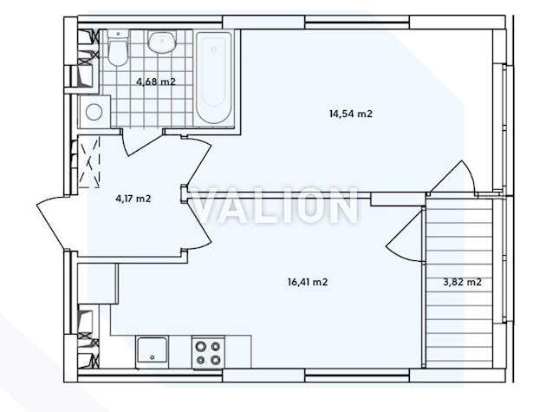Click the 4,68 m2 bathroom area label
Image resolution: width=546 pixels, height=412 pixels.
tap(156, 82)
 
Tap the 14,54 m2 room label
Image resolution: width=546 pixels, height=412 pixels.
tap(351, 114)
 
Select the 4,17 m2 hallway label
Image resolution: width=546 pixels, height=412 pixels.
tap(133, 199)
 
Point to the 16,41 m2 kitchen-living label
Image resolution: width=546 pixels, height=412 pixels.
tap(308, 282)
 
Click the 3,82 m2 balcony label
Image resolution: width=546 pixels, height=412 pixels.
tap(462, 282)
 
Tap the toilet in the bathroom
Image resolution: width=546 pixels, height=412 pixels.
tap(118, 48)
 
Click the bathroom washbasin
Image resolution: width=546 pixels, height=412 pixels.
tap(162, 42)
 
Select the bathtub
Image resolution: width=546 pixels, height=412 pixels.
tap(214, 78)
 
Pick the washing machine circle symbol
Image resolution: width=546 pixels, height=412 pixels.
tap(94, 112)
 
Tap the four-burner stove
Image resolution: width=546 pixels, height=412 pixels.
tap(208, 351)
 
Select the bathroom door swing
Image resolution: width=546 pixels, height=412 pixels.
tap(142, 144)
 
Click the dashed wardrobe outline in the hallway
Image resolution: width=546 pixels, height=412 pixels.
tap(89, 162)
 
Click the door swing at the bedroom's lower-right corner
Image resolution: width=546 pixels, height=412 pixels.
tap(452, 178)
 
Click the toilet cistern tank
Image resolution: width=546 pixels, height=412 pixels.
tap(119, 35)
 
